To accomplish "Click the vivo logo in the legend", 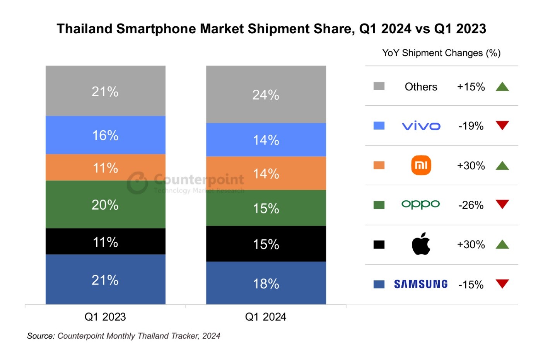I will click(421, 126).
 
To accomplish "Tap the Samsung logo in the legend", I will click(421, 285).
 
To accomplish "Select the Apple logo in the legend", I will click(421, 244).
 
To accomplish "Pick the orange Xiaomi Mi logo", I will click(421, 165).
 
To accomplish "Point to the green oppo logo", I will click(421, 204).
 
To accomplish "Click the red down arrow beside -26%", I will click(502, 204).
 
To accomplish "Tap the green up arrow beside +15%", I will click(502, 87).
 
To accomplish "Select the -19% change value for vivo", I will click(471, 126).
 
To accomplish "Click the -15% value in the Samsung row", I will click(471, 285).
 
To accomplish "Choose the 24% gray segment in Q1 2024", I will click(266, 95).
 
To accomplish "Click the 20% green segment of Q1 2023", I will click(105, 205).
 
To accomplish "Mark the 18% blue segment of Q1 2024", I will click(266, 283).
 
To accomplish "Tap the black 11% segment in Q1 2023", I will click(105, 242).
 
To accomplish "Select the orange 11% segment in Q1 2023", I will click(105, 168).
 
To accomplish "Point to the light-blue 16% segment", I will click(105, 135).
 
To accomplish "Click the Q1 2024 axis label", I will click(266, 317).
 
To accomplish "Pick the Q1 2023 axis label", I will click(105, 317).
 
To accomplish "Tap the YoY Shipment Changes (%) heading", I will click(441, 53).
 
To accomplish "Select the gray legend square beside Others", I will click(379, 86).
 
